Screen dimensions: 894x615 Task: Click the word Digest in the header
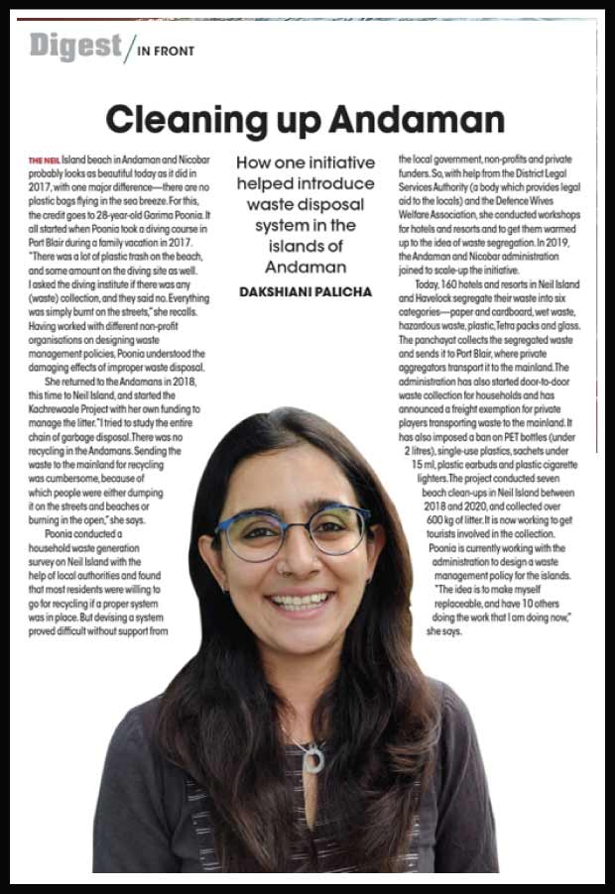pos(74,47)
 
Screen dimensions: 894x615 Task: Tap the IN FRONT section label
pos(167,51)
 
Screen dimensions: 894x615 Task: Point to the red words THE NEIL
pos(45,160)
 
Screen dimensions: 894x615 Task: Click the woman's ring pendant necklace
pos(313,758)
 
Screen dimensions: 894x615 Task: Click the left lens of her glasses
pos(248,537)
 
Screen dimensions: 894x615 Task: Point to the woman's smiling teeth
pos(300,601)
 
